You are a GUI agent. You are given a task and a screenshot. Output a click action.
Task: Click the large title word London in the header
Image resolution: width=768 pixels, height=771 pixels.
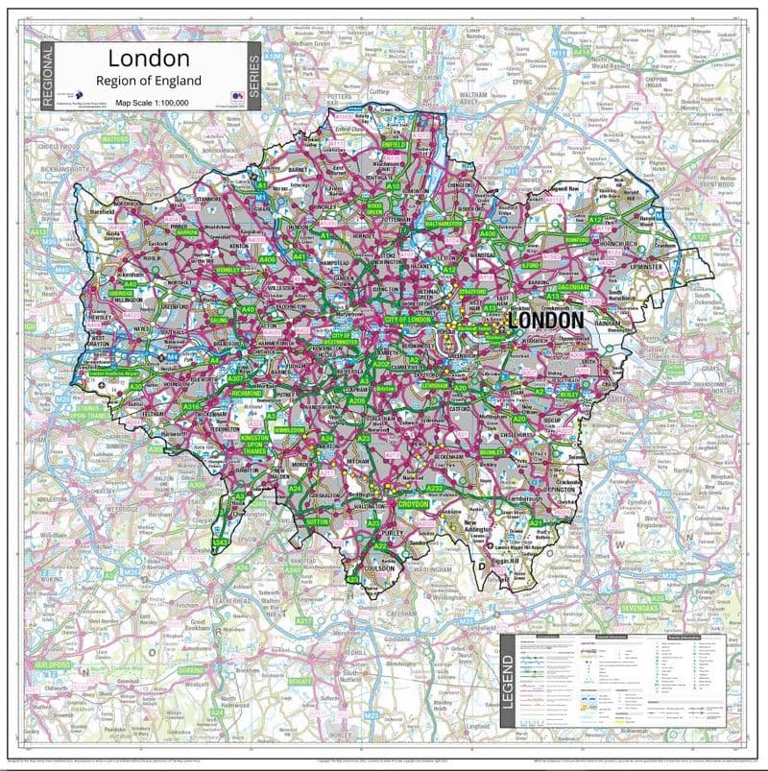tap(149, 60)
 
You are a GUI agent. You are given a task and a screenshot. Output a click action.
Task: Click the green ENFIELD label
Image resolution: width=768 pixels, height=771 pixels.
tap(395, 144)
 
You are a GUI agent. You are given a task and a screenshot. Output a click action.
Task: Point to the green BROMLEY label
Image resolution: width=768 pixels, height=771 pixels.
tap(492, 451)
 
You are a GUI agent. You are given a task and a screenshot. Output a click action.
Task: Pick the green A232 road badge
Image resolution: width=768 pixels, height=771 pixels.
tap(435, 489)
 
